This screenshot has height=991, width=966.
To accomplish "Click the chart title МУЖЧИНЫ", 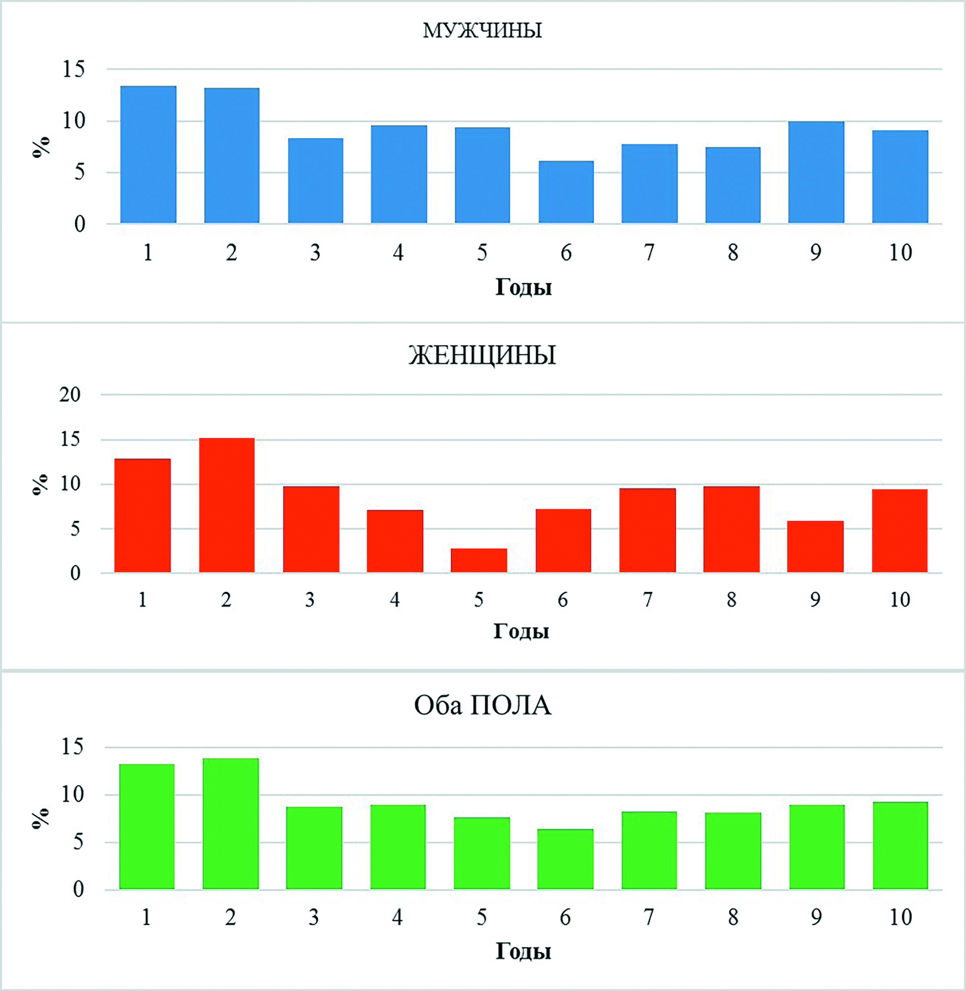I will [x=482, y=31].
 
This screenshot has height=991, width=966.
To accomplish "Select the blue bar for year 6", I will [x=566, y=192].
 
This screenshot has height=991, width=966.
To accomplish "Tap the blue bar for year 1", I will [x=148, y=155].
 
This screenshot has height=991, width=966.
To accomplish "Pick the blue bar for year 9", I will [x=816, y=173].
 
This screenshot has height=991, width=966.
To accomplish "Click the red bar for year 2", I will [x=227, y=505].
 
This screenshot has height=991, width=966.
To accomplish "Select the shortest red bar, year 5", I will [x=479, y=560].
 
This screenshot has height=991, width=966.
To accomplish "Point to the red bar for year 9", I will [x=815, y=547].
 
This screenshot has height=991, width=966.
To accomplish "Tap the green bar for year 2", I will [x=230, y=824].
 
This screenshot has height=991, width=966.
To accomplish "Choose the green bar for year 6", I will [x=565, y=859].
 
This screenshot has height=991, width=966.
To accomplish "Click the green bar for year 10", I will [x=900, y=845].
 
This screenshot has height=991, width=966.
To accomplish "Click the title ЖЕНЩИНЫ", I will [x=482, y=356].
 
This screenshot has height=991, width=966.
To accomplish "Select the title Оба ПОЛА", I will [x=482, y=705].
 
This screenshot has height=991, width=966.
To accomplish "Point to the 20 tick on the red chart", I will [x=70, y=395].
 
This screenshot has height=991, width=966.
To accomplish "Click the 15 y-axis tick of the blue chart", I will [x=74, y=69].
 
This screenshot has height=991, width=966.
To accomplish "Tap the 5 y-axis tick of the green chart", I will [x=78, y=843].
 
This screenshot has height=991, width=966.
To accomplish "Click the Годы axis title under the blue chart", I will [x=523, y=287].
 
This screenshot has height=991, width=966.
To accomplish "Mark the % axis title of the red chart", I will [x=40, y=484].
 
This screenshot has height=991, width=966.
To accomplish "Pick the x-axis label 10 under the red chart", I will [x=899, y=600].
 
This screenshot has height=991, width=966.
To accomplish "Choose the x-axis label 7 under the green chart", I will [x=648, y=917].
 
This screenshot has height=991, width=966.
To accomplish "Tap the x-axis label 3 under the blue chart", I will [x=315, y=253].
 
